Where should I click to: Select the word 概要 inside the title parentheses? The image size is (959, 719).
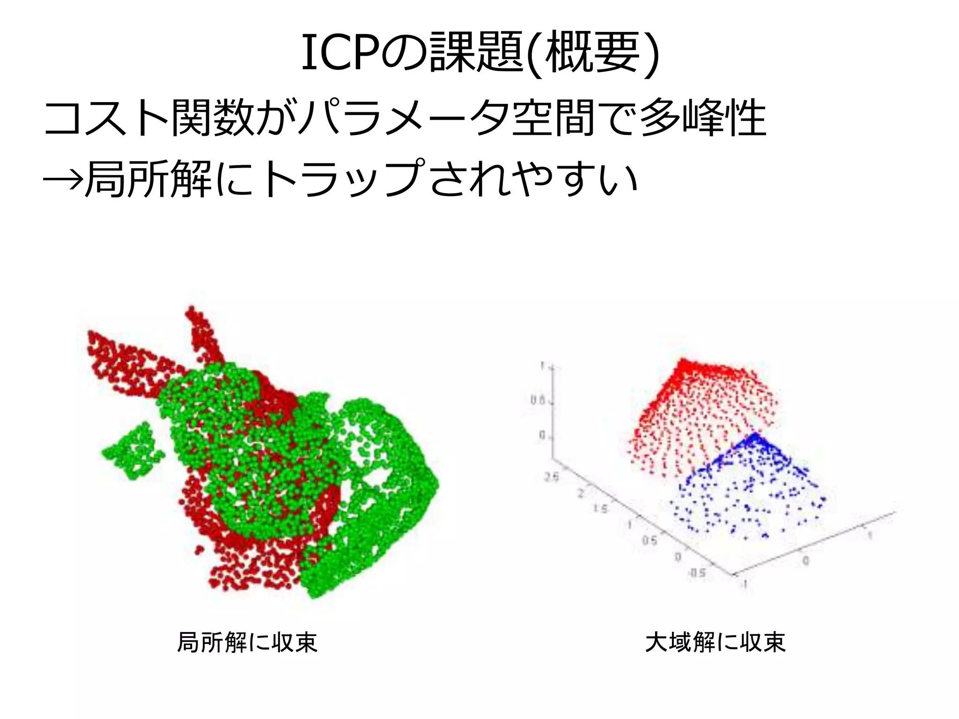(592, 53)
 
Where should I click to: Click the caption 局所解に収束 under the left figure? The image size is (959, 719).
(247, 642)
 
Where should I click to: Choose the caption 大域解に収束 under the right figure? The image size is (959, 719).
(715, 642)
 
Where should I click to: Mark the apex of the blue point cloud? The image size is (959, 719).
(753, 437)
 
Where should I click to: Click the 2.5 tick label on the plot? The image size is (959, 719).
(552, 477)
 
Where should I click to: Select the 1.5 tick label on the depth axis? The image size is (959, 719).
(600, 508)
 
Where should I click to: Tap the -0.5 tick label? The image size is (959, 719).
(696, 573)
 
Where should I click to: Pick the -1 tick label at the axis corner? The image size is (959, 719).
(745, 584)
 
